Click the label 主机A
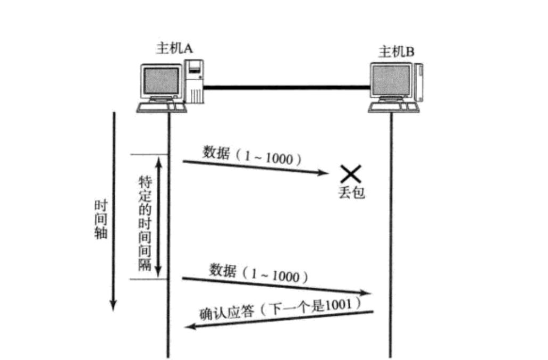[174, 48]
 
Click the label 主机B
[396, 52]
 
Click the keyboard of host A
[162, 107]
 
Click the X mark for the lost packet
[351, 173]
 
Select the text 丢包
[351, 192]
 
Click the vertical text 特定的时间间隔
[145, 223]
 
